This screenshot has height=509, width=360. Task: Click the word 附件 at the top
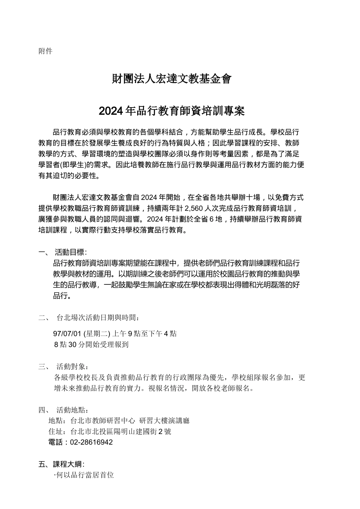click(45, 51)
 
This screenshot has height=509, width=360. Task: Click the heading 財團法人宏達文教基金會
click(171, 79)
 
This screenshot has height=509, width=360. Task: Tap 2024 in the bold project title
click(111, 111)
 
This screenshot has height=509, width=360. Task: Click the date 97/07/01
click(67, 334)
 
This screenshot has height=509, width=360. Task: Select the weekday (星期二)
click(97, 334)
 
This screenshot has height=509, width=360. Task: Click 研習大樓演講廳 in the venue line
click(164, 421)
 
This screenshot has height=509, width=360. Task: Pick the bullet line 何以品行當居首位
click(85, 475)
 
